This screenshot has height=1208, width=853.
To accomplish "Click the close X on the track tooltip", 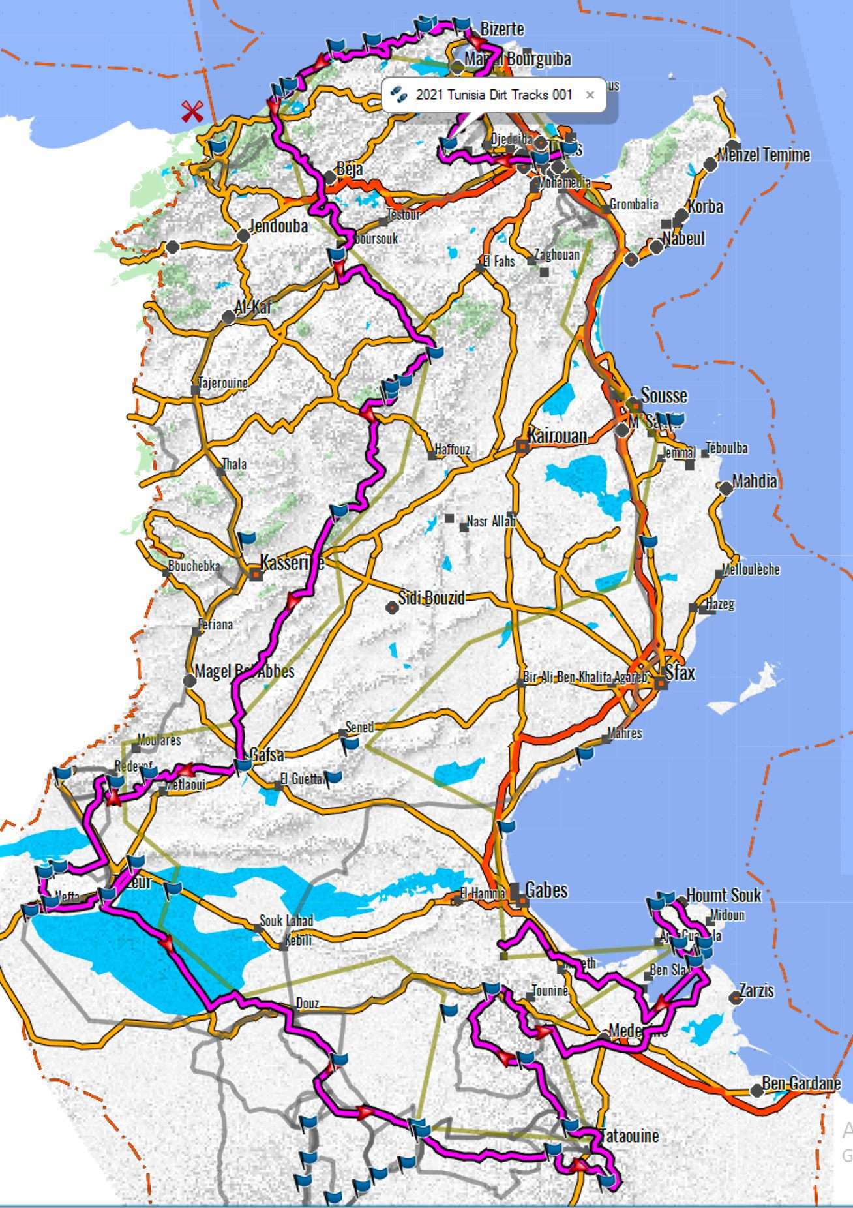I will pyautogui.click(x=590, y=95).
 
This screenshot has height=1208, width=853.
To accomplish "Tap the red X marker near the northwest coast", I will pyautogui.click(x=192, y=112).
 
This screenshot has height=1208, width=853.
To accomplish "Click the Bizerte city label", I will pyautogui.click(x=502, y=29).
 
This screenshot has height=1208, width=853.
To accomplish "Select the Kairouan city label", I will pyautogui.click(x=558, y=435).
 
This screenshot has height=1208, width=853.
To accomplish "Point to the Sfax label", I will pyautogui.click(x=680, y=672).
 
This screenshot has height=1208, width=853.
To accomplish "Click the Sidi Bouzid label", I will pyautogui.click(x=432, y=597).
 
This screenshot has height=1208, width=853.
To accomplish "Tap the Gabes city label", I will pyautogui.click(x=546, y=890).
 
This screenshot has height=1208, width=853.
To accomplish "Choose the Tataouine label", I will pyautogui.click(x=629, y=1136).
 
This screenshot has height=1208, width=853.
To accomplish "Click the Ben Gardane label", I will pyautogui.click(x=801, y=1083).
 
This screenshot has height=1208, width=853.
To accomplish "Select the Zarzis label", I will pyautogui.click(x=756, y=990).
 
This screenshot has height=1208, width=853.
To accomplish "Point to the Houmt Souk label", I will pyautogui.click(x=723, y=895).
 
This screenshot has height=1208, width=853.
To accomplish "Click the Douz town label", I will pyautogui.click(x=307, y=1003).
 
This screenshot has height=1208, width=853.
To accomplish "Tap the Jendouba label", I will pyautogui.click(x=278, y=226).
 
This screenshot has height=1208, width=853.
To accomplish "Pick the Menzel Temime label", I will pyautogui.click(x=764, y=155).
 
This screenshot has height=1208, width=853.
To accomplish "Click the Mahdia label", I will pyautogui.click(x=755, y=481).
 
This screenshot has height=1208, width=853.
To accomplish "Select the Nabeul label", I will pyautogui.click(x=684, y=238).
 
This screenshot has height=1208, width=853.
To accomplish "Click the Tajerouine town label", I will pyautogui.click(x=223, y=383).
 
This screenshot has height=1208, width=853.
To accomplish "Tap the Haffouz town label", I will pyautogui.click(x=452, y=449).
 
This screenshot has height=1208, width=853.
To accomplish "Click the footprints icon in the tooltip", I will pyautogui.click(x=398, y=95).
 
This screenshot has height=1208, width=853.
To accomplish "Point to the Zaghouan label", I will pyautogui.click(x=556, y=255).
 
